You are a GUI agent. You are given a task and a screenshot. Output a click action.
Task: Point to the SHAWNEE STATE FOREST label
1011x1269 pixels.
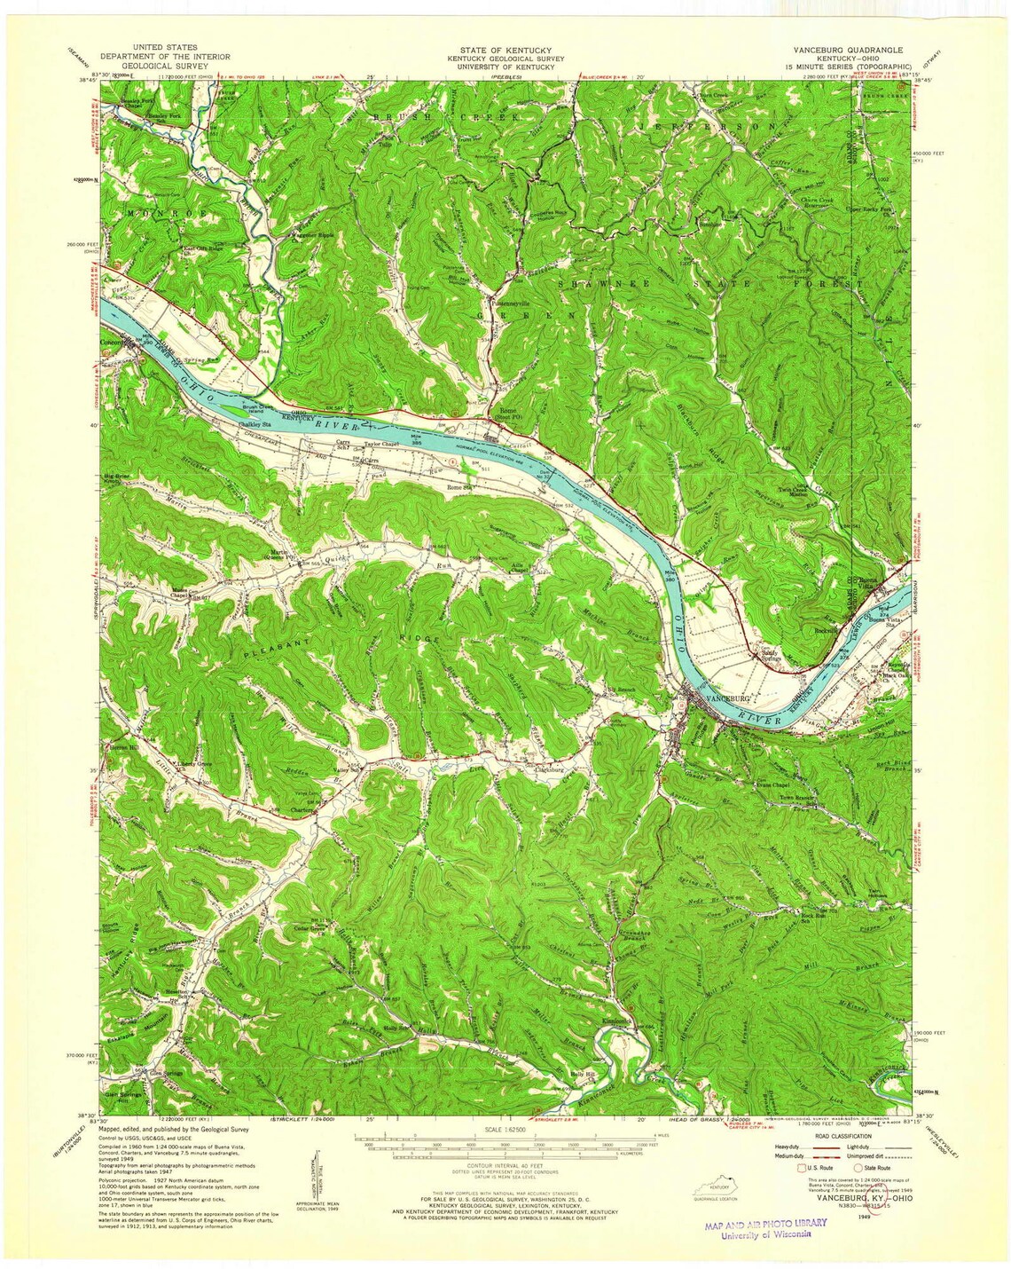click(709, 283)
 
